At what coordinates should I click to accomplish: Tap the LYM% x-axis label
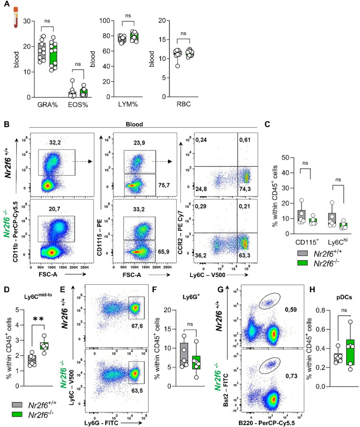point(127,104)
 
